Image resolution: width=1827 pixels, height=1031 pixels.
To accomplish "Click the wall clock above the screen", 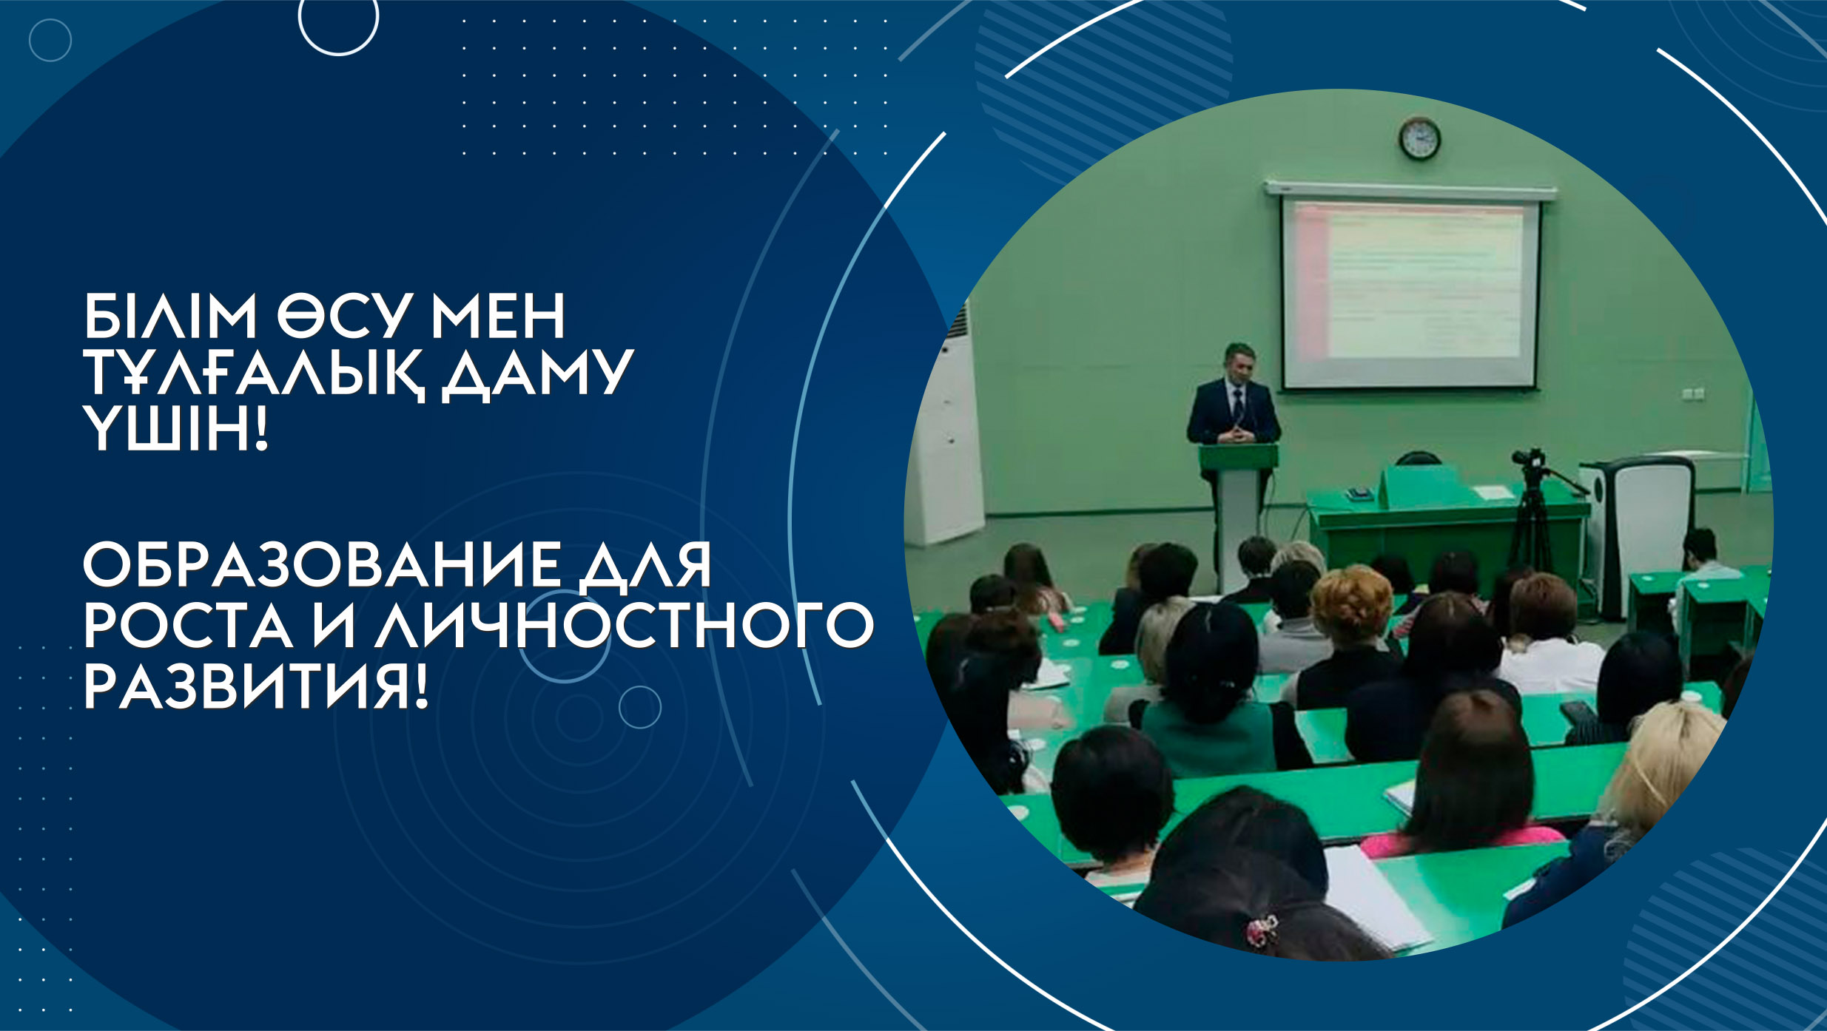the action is pos(1419,138).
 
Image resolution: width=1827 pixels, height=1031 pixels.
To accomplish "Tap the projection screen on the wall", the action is pos(1410,293).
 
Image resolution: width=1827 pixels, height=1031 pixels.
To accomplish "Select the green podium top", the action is pos(1238,456).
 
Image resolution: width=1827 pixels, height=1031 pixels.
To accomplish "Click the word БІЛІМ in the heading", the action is pos(170,317).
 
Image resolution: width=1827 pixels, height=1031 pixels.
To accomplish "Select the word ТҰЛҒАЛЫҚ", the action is pos(254,374).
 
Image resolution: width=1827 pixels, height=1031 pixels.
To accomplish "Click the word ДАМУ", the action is pos(538,374).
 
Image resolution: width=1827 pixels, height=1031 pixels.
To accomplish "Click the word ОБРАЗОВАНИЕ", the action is pos(322,565).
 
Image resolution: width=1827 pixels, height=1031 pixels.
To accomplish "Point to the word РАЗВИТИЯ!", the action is pos(256,686).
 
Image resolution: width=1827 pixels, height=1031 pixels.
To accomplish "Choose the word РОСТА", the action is pos(188,626).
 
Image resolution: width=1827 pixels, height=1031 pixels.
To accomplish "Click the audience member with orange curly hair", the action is pos(1352,603).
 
